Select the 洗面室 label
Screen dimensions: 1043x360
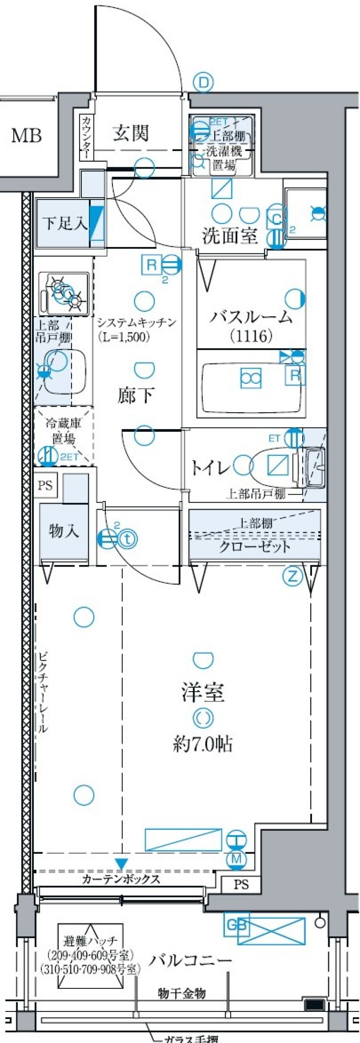(229, 236)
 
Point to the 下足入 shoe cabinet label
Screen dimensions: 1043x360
(65, 223)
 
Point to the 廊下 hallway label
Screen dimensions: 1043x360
(136, 395)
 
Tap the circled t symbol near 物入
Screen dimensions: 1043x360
(128, 539)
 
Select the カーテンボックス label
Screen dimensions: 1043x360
(121, 878)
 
